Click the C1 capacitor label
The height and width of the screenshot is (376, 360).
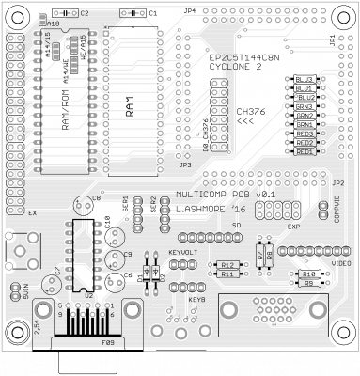point(154,14)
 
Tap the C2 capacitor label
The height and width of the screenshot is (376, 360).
point(86,14)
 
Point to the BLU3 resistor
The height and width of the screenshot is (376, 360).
point(304,79)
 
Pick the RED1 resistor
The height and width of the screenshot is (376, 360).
point(304,151)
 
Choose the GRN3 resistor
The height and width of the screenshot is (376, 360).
point(304,106)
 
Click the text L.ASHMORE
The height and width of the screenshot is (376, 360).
point(202,209)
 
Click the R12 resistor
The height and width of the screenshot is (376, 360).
point(227,265)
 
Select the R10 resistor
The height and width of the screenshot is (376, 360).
point(307,274)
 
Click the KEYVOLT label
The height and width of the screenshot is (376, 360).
point(182,253)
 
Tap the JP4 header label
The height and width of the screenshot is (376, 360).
point(190,11)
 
